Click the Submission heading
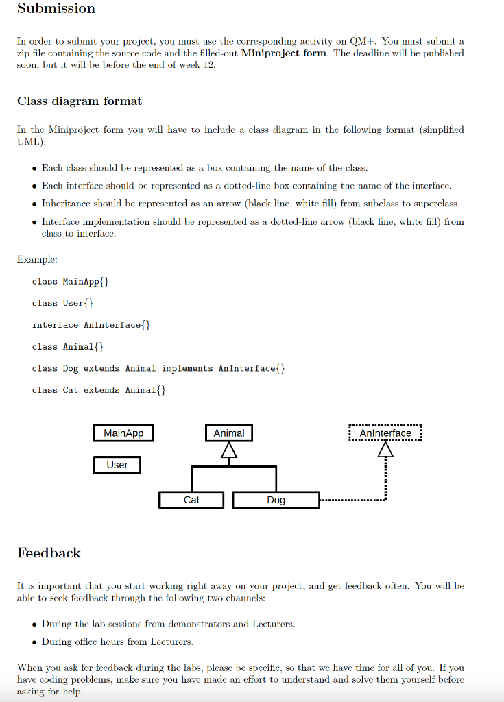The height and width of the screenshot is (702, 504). coord(56,9)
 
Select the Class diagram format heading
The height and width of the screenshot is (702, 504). coord(80,101)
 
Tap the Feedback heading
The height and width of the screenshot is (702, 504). coord(49,553)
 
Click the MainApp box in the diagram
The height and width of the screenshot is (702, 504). coord(123,433)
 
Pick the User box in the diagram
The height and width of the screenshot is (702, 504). coord(117,465)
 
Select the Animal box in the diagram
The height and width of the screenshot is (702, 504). coord(228,433)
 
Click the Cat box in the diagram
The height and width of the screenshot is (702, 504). coord(191,500)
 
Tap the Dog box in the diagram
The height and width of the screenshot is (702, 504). coord(276,500)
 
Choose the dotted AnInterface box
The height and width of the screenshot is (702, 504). coord(385,433)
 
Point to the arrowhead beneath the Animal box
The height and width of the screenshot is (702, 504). coord(228,450)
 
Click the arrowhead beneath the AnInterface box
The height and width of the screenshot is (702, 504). coord(386,450)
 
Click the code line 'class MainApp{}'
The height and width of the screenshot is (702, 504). coord(70,282)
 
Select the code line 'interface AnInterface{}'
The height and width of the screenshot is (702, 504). coord(91,325)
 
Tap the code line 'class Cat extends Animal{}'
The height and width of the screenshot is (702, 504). coord(99,390)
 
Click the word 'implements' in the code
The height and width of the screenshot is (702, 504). coord(187,369)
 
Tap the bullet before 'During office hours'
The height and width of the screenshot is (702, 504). coord(34,642)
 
